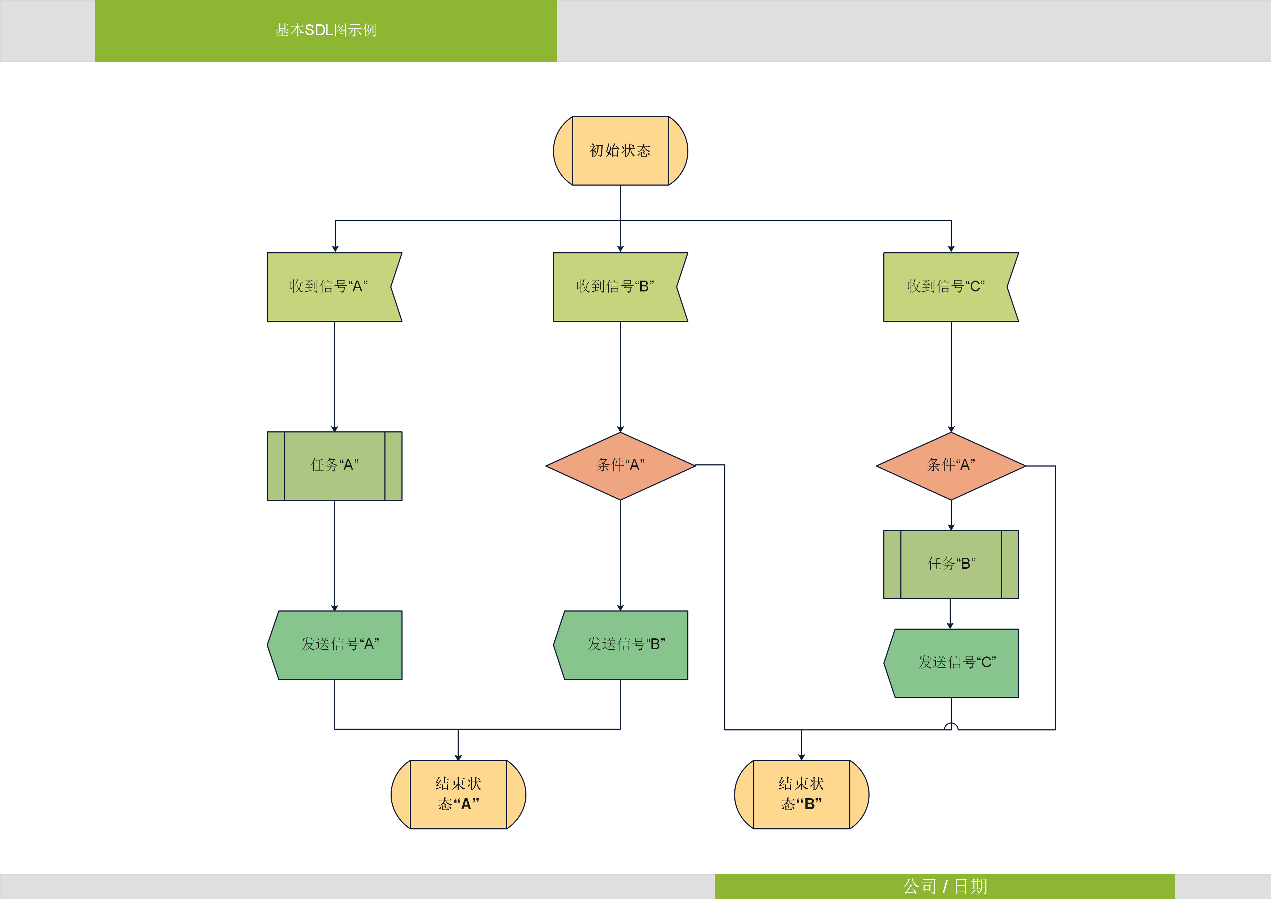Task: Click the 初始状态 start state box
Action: coord(620,151)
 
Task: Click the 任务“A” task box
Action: coord(334,466)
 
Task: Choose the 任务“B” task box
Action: coord(951,564)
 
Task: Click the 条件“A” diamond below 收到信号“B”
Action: coord(620,466)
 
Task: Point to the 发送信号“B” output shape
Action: coord(625,645)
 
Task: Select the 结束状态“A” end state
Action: coord(458,794)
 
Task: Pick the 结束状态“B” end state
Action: coord(801,794)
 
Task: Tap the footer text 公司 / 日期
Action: coord(945,886)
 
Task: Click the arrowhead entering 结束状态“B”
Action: coord(801,757)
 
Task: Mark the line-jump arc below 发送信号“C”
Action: coord(951,726)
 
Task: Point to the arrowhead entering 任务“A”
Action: coord(334,429)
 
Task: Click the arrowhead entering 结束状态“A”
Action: coord(458,757)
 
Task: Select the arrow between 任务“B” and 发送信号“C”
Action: coord(950,614)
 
